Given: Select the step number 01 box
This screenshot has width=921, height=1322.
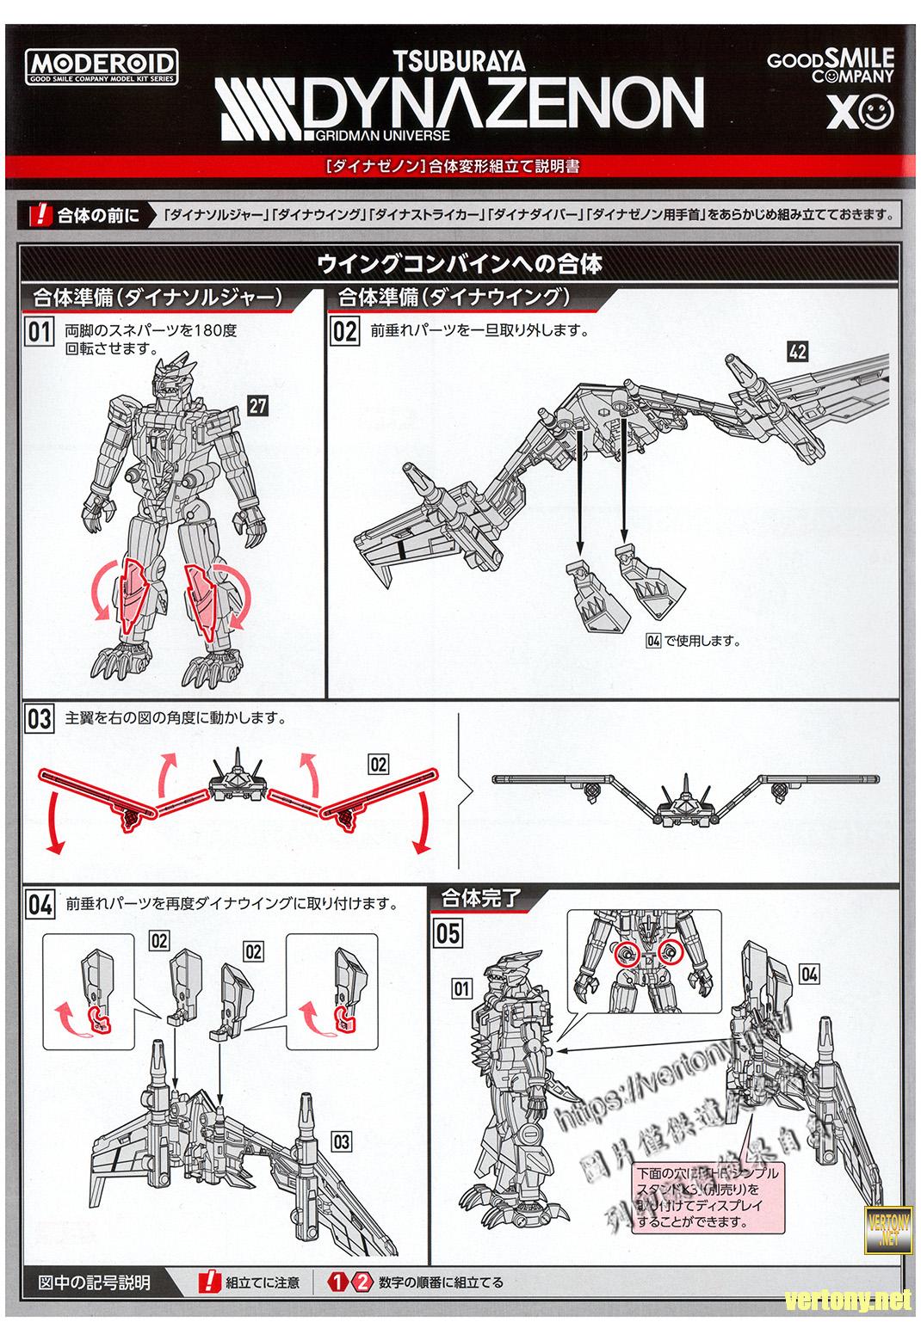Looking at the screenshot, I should [40, 333].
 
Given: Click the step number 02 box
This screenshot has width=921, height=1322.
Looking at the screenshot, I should [344, 332].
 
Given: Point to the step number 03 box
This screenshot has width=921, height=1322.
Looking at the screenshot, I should [40, 719].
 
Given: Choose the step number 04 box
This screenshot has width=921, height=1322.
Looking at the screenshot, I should [40, 905].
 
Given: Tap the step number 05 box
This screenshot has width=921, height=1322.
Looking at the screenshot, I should [448, 933].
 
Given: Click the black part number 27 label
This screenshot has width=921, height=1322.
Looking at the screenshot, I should [257, 405].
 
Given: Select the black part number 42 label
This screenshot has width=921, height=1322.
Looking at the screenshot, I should [796, 350].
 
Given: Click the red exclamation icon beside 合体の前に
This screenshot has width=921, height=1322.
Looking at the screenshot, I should [40, 214].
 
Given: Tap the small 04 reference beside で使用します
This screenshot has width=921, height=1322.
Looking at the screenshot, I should [652, 641].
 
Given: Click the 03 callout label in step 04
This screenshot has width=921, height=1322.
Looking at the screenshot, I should [341, 1141].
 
